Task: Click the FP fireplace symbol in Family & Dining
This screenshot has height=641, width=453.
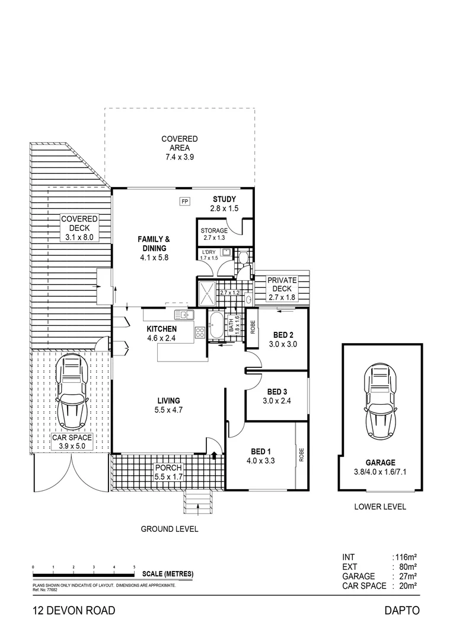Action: (184, 201)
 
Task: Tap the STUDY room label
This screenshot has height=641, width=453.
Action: (224, 199)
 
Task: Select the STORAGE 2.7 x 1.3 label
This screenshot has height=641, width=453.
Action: (214, 231)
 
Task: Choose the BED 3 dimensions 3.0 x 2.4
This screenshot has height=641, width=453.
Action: (277, 400)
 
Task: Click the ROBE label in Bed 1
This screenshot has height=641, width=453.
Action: (301, 454)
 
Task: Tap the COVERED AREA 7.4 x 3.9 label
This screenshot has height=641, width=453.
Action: (180, 148)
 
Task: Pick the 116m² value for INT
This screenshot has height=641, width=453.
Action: (406, 557)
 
